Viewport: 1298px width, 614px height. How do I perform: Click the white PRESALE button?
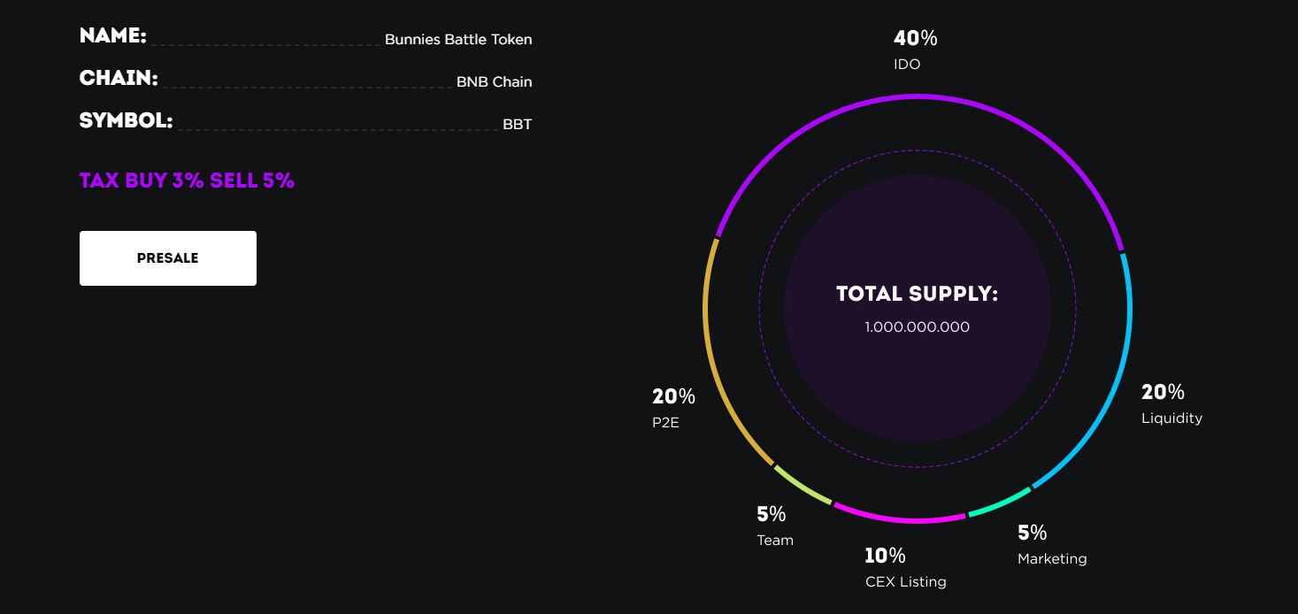click(168, 258)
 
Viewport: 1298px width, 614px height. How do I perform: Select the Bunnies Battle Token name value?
click(458, 40)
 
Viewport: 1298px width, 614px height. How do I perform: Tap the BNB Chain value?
click(494, 81)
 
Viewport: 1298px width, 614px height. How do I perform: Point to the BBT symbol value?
click(517, 124)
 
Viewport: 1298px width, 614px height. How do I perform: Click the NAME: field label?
click(112, 35)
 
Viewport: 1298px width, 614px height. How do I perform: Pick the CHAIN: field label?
click(119, 78)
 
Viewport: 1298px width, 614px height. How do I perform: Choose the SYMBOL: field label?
click(126, 120)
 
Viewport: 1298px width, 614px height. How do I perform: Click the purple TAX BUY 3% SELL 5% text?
click(187, 180)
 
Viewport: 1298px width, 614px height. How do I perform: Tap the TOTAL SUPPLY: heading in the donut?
click(917, 294)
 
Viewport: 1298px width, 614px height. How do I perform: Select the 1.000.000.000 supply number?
click(917, 327)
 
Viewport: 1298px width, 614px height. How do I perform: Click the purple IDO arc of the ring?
click(918, 96)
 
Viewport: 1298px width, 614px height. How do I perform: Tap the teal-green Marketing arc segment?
click(1001, 502)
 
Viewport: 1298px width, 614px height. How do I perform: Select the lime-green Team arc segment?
click(803, 486)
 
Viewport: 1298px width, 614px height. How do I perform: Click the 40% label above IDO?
click(915, 38)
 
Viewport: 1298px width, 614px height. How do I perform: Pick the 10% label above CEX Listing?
click(885, 556)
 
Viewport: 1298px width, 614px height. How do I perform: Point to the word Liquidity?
click(1171, 418)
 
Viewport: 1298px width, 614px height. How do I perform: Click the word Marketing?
click(1052, 559)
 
